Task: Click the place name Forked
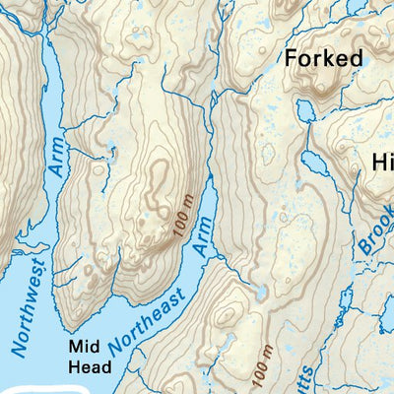323,58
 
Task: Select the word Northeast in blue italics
141,326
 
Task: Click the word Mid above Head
84,347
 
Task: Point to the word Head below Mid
90,366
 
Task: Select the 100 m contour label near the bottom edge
262,364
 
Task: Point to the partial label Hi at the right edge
381,162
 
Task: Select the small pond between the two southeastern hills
259,295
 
